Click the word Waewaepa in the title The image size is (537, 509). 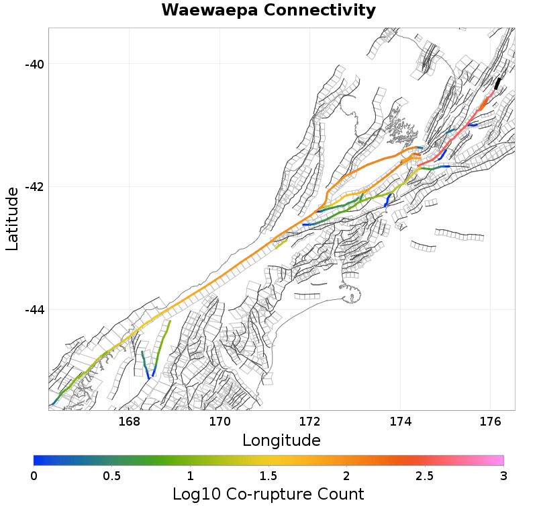[x=209, y=11]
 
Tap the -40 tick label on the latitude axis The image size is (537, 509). [x=34, y=64]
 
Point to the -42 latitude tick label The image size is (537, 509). [x=34, y=187]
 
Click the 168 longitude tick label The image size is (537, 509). [x=129, y=422]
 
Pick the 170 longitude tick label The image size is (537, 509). [x=219, y=422]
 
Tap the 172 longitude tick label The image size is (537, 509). [x=310, y=422]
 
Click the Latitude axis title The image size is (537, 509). [x=12, y=219]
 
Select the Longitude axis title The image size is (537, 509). [x=281, y=440]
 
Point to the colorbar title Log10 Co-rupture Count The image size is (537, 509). [x=268, y=495]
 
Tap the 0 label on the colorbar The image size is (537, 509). [x=34, y=476]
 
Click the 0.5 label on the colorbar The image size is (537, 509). [x=112, y=476]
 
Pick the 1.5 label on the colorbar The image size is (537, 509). [x=268, y=476]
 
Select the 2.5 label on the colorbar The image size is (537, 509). [x=425, y=476]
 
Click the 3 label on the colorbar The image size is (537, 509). [x=503, y=476]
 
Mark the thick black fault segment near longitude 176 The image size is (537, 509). [x=497, y=83]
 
